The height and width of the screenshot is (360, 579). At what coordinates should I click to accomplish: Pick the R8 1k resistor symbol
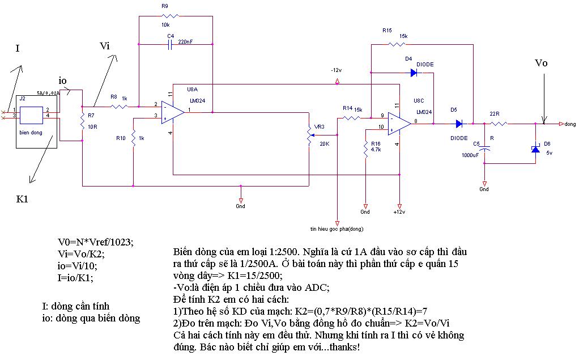point(120,106)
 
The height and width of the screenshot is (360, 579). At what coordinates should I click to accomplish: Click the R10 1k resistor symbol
point(133,138)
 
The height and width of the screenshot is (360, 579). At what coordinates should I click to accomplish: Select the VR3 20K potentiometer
point(309,136)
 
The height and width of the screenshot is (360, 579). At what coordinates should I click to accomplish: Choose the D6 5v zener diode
point(535,149)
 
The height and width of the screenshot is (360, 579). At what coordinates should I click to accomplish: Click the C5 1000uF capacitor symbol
point(484,149)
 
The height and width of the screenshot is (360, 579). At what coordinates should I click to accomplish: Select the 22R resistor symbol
point(499,124)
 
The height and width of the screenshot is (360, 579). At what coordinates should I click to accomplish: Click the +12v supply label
point(399,213)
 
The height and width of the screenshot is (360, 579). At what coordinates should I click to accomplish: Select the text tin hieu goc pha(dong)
point(337,229)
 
